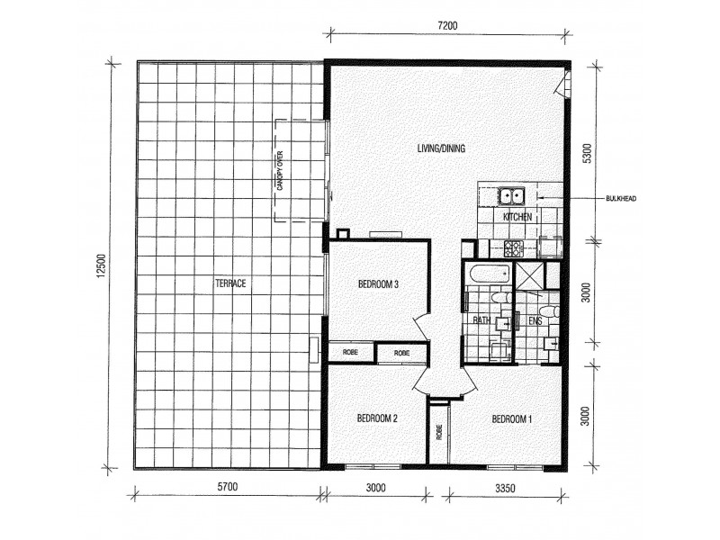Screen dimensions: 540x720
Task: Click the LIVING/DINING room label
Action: click(440, 148)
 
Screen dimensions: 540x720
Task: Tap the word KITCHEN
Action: click(517, 217)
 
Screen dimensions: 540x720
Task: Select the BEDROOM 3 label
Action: click(378, 284)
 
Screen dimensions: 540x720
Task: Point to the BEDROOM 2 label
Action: click(377, 418)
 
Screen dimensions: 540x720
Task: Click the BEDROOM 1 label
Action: click(512, 418)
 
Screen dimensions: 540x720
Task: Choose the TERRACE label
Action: click(230, 283)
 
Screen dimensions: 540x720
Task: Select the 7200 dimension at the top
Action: click(447, 25)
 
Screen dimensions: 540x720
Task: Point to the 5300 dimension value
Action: click(587, 151)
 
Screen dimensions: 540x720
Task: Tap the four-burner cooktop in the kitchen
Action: click(516, 249)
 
